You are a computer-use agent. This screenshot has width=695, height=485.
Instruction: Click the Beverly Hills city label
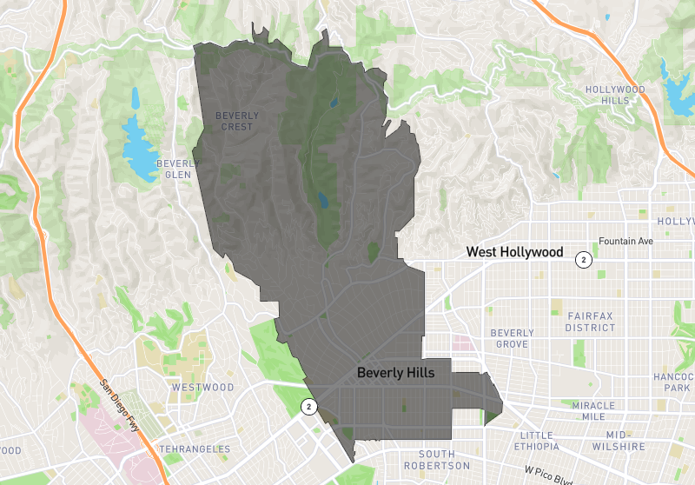(x=395, y=372)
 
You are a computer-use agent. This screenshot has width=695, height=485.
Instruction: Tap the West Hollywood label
(x=514, y=252)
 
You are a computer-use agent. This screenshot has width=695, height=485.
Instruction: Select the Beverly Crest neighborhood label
(x=236, y=121)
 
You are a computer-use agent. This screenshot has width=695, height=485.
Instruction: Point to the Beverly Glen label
(x=177, y=169)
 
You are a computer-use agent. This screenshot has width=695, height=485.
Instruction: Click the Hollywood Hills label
(x=615, y=95)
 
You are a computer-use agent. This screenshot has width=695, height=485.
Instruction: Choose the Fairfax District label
(x=591, y=322)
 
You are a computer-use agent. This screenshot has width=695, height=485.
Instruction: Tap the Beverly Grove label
(x=512, y=338)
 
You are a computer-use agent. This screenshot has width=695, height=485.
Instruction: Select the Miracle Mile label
(x=593, y=411)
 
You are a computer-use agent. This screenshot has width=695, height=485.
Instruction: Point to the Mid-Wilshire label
(x=625, y=441)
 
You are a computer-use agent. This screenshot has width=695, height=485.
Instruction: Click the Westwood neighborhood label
(x=202, y=387)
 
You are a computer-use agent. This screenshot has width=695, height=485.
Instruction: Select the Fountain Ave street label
(x=625, y=242)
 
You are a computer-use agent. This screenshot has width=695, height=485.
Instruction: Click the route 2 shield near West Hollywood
(x=585, y=259)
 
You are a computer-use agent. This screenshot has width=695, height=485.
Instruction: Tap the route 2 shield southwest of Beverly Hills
(x=308, y=406)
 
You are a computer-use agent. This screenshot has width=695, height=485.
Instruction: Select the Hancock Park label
(x=676, y=382)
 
